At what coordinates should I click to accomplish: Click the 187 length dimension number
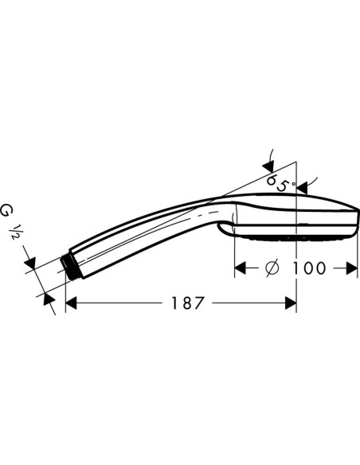[x=188, y=303]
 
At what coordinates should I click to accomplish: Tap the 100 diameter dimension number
[x=309, y=268]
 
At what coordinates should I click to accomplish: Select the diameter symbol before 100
[x=272, y=268]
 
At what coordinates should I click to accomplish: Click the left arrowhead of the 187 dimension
[x=71, y=303]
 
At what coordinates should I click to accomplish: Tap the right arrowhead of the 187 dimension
[x=291, y=303]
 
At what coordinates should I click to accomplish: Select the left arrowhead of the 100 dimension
[x=241, y=268]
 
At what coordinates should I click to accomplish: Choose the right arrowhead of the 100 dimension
[x=351, y=268]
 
